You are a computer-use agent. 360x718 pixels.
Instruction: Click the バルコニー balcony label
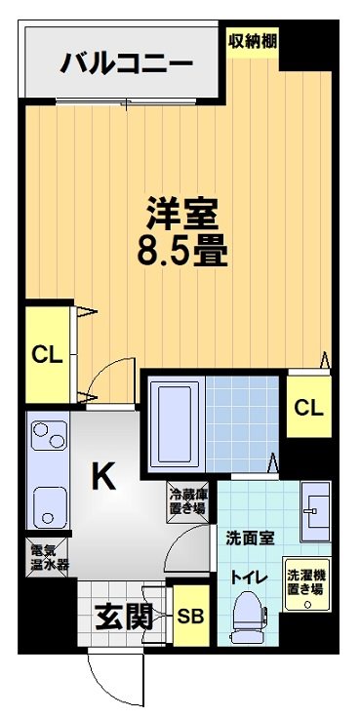(127, 64)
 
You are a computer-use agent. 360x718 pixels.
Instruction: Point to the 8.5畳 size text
(182, 253)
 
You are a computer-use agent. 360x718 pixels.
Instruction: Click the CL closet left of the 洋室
(47, 354)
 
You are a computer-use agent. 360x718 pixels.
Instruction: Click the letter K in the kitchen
(104, 477)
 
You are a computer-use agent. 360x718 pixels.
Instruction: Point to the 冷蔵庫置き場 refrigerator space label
(186, 501)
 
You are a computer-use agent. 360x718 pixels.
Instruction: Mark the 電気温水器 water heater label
(45, 558)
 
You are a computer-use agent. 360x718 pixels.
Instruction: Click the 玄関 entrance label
(124, 616)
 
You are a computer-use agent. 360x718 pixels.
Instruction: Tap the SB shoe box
(189, 617)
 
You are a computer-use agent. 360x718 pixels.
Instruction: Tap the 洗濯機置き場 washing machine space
(305, 584)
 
